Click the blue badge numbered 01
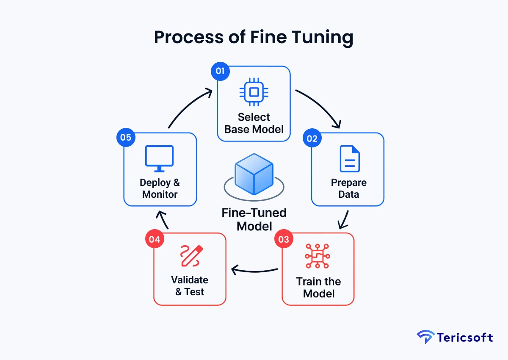coord(220,71)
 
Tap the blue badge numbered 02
coord(312,138)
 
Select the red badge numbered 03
coord(283,239)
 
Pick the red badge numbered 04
coord(155,239)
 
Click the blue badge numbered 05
coord(125,138)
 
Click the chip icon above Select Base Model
coord(254,91)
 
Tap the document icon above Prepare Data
coord(350,159)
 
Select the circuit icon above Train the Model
coord(318,256)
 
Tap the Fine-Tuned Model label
coord(254,219)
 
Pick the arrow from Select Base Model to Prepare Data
coord(322,106)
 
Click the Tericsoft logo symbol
coord(425,338)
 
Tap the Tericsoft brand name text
coord(465,338)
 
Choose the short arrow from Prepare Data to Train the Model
coord(344,219)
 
